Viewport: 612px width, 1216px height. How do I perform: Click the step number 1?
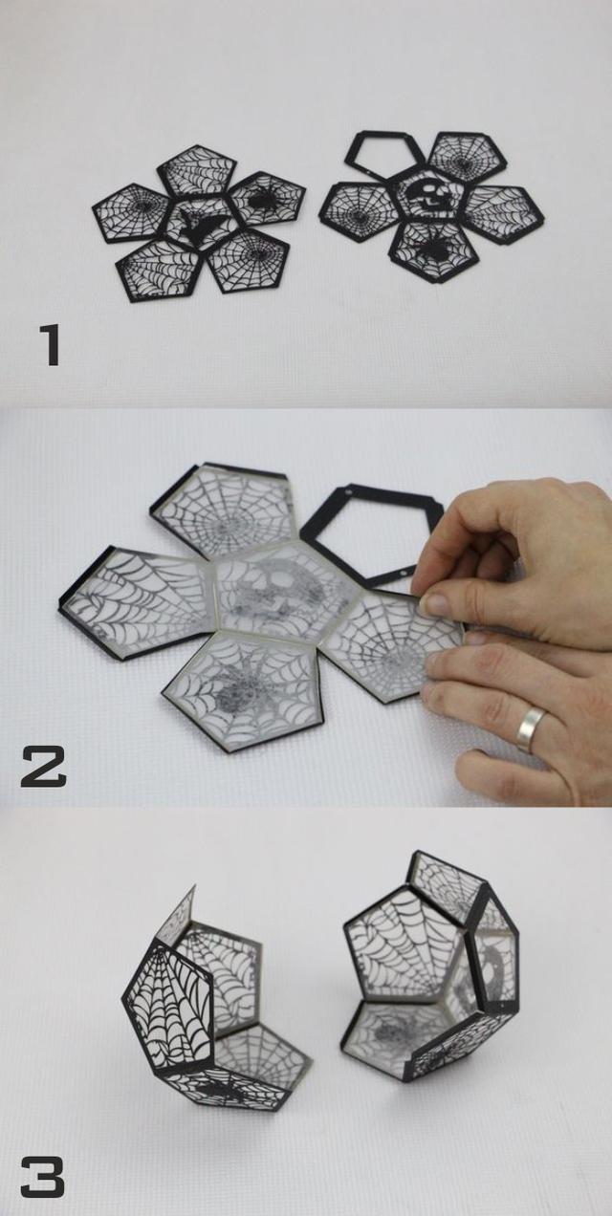(51, 345)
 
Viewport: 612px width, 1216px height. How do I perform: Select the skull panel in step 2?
(280, 595)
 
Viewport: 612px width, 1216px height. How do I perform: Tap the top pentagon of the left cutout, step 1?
(197, 170)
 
